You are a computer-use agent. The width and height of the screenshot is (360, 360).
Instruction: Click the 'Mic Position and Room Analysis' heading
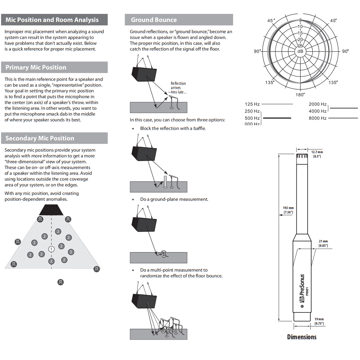click(52, 20)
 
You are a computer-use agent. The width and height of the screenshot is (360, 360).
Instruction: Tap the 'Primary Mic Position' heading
click(36, 67)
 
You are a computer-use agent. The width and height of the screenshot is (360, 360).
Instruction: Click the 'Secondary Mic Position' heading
click(40, 138)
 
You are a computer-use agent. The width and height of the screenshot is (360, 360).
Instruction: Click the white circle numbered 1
click(51, 249)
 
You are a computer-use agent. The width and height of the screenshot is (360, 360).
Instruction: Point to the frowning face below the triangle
click(60, 282)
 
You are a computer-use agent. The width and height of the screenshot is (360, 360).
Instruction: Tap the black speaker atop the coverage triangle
click(51, 210)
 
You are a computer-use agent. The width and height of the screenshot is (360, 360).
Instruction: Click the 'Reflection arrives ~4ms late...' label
click(178, 88)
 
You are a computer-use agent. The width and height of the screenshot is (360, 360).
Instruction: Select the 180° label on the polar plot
click(300, 95)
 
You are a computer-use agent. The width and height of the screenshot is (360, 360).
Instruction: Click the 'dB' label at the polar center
click(300, 51)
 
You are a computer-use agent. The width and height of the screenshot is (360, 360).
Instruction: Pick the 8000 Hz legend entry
click(318, 118)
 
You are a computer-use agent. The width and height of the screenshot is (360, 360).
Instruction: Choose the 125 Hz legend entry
click(252, 104)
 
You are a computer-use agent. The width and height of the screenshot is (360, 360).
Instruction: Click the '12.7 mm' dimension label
click(317, 152)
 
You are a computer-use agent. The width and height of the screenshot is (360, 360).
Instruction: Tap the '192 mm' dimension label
click(288, 208)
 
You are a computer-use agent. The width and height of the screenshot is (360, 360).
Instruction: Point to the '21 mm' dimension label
click(323, 241)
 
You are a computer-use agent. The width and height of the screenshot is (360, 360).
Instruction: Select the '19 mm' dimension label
click(319, 319)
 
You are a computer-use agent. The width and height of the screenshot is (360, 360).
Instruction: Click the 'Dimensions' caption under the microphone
click(302, 337)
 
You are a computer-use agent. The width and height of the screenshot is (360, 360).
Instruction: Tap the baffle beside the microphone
click(165, 181)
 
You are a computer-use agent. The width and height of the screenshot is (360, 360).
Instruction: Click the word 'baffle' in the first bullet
click(199, 129)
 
